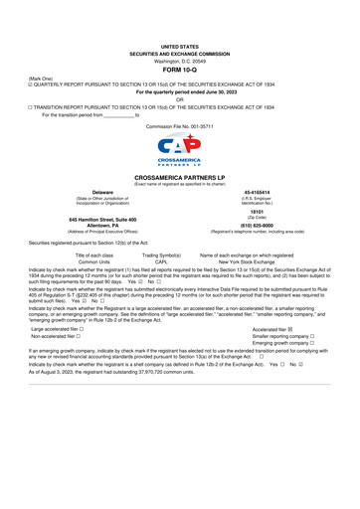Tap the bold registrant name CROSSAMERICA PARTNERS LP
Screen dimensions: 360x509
coord(180,177)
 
